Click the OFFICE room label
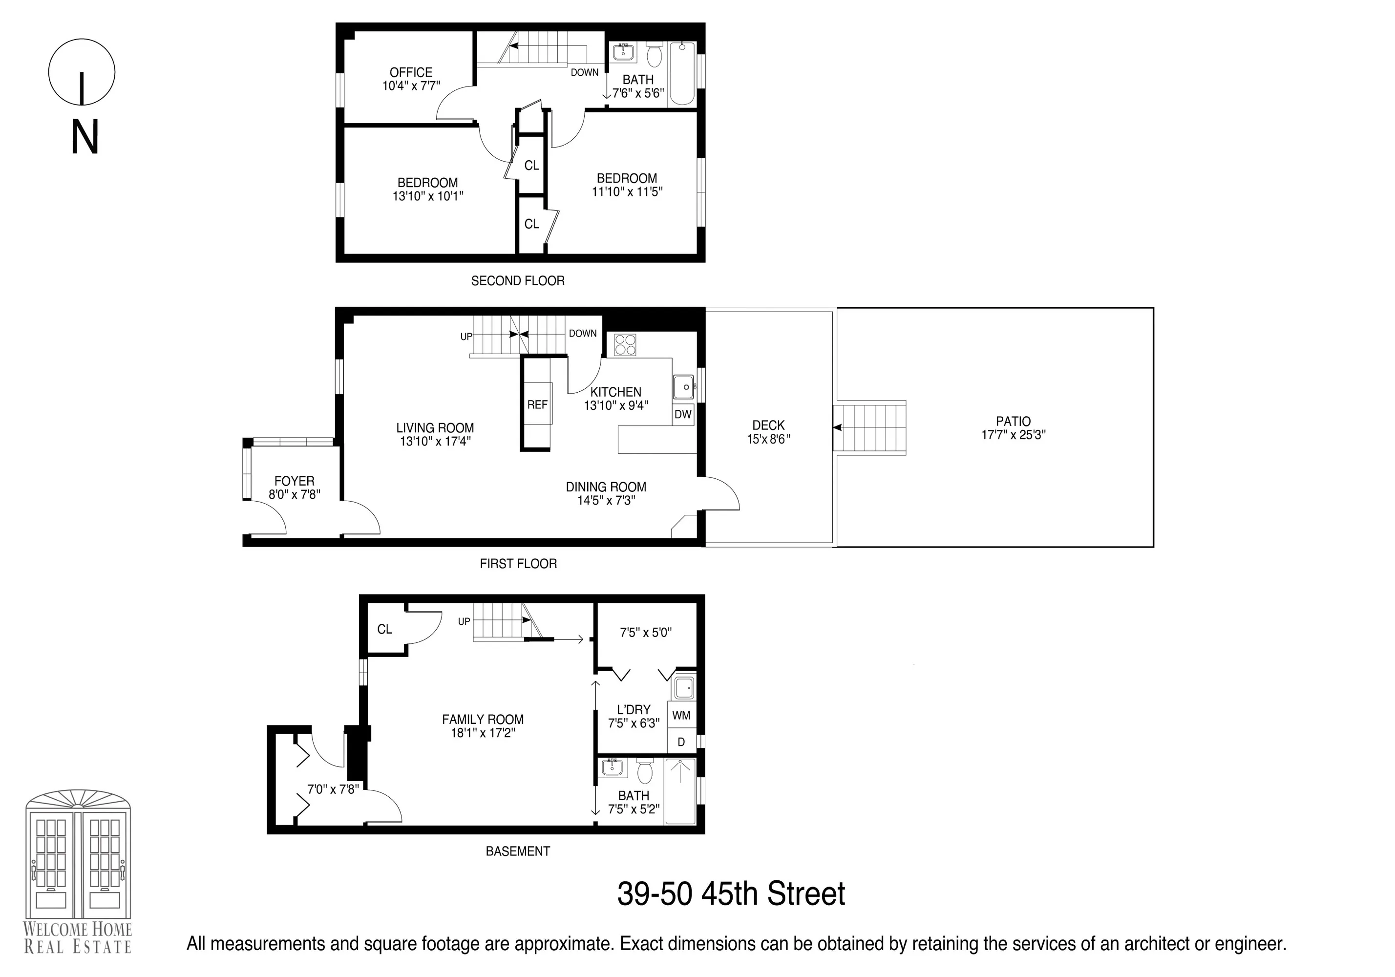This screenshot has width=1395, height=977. click(411, 73)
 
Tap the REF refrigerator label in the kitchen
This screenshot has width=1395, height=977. click(537, 404)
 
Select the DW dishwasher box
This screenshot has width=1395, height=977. click(683, 414)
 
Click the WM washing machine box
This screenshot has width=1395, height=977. click(681, 716)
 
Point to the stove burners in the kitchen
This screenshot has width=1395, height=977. click(625, 344)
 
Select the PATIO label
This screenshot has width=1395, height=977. click(1013, 421)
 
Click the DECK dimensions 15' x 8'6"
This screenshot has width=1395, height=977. click(769, 439)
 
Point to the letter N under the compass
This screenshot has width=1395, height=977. click(85, 137)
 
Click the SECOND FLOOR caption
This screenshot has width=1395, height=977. click(518, 281)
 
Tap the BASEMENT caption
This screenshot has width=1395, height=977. click(518, 851)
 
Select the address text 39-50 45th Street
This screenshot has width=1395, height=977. click(731, 894)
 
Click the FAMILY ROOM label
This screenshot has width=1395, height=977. click(483, 720)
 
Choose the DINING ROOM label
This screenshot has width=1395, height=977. click(606, 487)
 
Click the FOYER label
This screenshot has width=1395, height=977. click(294, 481)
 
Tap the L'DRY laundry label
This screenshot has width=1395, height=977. click(633, 710)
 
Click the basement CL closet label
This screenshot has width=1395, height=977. click(384, 629)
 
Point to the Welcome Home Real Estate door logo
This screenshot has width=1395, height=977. click(78, 863)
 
